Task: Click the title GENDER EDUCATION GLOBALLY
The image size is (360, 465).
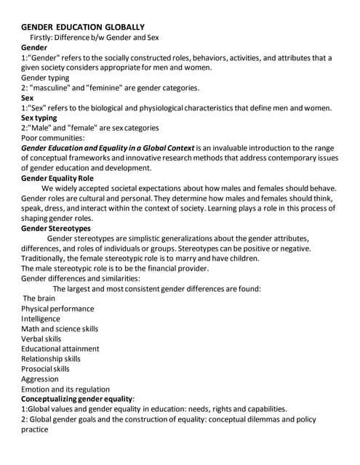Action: point(83,26)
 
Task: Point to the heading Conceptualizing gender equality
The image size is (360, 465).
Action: point(78,399)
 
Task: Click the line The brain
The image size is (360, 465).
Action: point(39,298)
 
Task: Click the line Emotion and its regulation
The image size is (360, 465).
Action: point(65,389)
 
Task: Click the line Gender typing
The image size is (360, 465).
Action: point(45,77)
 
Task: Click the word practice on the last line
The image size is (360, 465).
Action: point(35,429)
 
